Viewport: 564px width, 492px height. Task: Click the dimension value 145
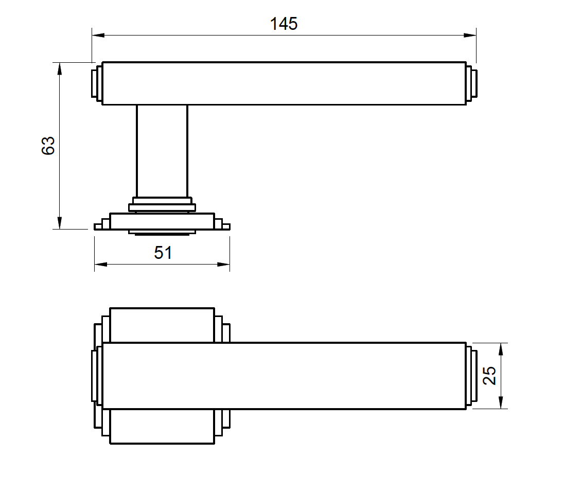(x=284, y=23)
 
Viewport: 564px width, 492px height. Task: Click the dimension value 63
(x=48, y=146)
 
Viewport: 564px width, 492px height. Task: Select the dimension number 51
(x=163, y=253)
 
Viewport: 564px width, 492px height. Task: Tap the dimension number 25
(x=490, y=376)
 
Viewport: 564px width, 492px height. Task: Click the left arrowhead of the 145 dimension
(x=98, y=36)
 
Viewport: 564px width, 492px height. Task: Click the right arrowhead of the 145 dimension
(x=469, y=36)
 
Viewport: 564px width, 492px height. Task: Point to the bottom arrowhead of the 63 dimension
(x=60, y=222)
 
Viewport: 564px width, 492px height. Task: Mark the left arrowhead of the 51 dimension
(x=101, y=265)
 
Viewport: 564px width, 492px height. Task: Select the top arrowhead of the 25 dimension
(x=502, y=349)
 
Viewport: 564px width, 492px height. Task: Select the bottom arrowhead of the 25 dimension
(x=502, y=402)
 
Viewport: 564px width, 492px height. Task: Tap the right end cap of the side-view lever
(x=471, y=83)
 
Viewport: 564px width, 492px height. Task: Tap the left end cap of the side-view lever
(x=97, y=83)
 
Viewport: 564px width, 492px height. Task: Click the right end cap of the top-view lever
(x=471, y=376)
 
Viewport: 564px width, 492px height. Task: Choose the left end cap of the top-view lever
(x=97, y=376)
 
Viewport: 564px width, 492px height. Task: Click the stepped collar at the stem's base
(x=162, y=204)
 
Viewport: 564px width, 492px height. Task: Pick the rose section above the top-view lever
(x=162, y=325)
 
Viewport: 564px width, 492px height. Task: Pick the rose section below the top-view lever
(x=162, y=427)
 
